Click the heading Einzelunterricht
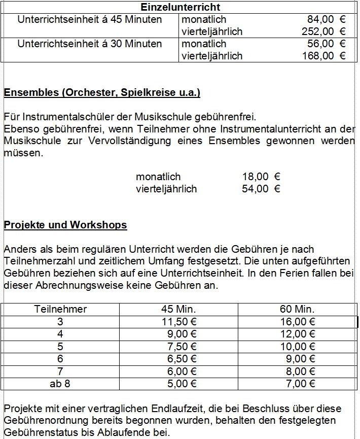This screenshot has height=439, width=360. pyautogui.click(x=180, y=7)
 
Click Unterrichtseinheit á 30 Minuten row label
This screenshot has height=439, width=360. pyautogui.click(x=90, y=44)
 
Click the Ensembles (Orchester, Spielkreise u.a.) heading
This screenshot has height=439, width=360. pyautogui.click(x=102, y=92)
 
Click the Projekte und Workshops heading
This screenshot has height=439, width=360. pyautogui.click(x=65, y=224)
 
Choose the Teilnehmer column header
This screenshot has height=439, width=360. pyautogui.click(x=60, y=309)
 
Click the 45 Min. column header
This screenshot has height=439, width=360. pyautogui.click(x=178, y=309)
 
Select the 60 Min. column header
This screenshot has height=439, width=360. pyautogui.click(x=297, y=309)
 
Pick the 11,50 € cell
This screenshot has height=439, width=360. pyautogui.click(x=178, y=322)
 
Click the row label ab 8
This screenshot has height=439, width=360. pyautogui.click(x=60, y=384)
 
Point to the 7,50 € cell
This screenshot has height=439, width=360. pyautogui.click(x=181, y=346)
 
